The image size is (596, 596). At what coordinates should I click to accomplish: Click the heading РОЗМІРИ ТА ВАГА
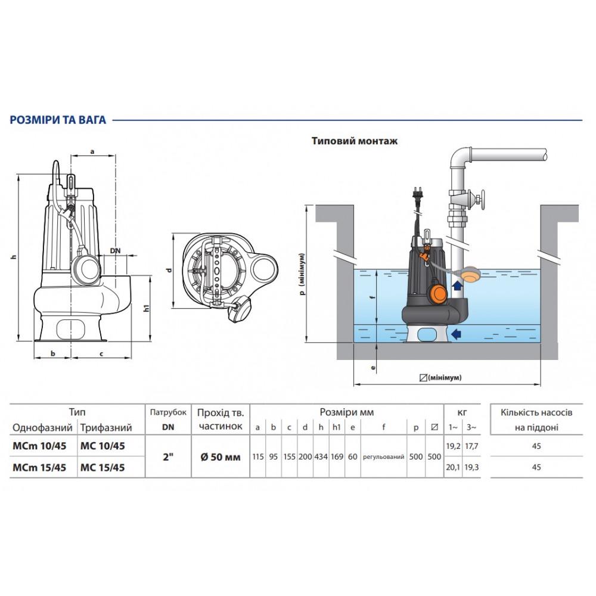pos(58,120)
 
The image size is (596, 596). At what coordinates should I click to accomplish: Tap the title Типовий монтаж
pos(355,141)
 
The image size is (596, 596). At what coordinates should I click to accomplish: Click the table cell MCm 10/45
pos(39,446)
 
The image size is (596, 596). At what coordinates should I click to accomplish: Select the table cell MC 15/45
pos(103,467)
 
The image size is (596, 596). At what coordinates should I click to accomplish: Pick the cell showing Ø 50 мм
pos(221,457)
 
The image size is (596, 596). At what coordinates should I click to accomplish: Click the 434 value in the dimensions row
pos(321,457)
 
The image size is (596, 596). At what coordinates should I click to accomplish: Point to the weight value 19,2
pos(453,446)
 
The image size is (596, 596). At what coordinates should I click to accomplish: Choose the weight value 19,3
pos(471,467)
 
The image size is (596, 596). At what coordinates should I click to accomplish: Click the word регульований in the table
pos(383,457)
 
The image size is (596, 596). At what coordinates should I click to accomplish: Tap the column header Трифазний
pos(106,427)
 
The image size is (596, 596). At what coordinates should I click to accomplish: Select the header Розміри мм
pos(347,412)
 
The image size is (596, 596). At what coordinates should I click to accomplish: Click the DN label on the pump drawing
pos(115,251)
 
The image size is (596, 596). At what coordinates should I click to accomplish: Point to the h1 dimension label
pos(147,308)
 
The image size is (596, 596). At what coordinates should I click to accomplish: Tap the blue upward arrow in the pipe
pos(458,285)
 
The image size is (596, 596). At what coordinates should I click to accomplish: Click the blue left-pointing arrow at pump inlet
pos(456,334)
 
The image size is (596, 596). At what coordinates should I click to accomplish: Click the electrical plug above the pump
pos(417,196)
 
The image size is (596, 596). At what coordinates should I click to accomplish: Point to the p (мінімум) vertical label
pos(303,274)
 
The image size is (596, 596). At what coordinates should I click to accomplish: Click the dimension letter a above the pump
pos(92,151)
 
